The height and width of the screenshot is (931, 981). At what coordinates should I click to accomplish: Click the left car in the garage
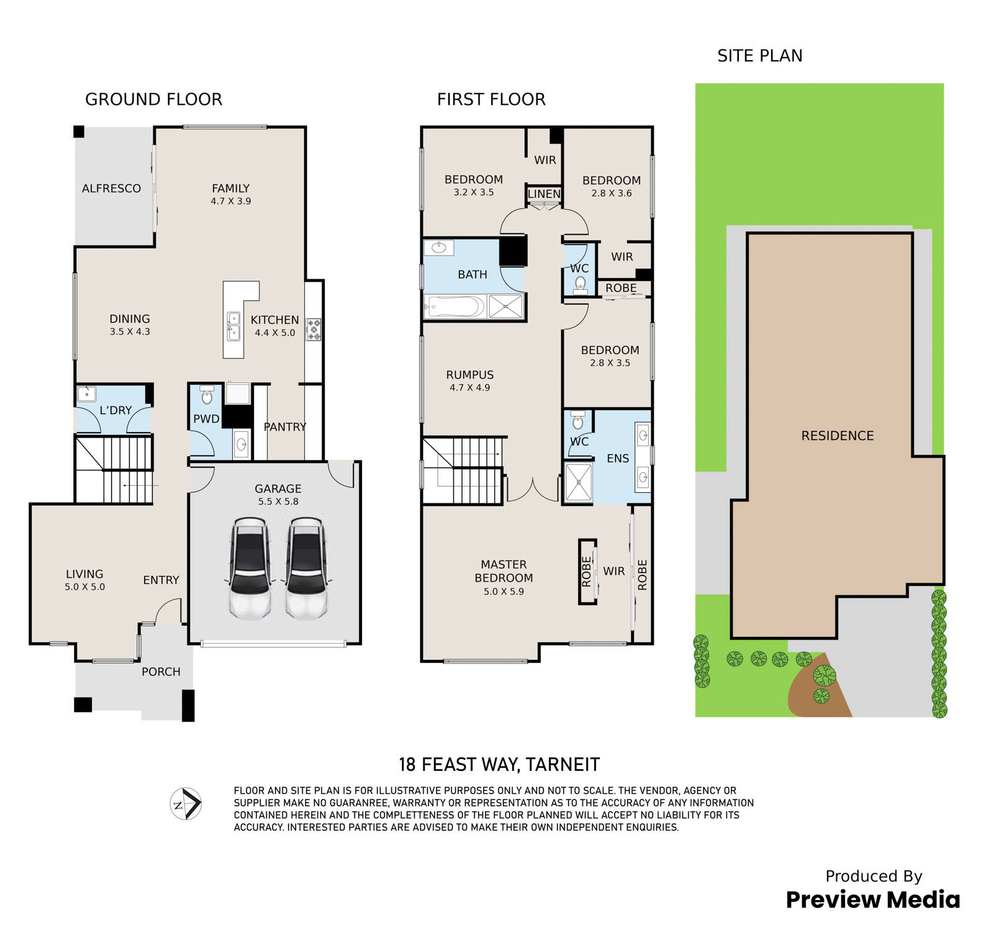[250, 569]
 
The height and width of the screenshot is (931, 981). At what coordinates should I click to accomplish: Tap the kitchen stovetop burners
[314, 330]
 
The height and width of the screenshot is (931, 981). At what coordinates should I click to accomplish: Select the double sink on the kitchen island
[233, 326]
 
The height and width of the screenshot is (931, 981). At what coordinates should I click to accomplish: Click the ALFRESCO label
[111, 188]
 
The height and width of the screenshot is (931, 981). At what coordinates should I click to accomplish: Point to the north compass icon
[186, 804]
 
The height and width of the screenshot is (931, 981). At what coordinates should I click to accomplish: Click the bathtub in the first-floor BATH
[454, 307]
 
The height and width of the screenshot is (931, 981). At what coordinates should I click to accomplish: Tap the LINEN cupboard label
[545, 194]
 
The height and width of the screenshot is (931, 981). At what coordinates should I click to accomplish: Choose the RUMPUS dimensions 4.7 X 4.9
[470, 387]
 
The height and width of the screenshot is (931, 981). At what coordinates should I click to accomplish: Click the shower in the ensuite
[578, 482]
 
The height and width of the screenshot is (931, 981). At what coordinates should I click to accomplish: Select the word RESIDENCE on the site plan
[838, 436]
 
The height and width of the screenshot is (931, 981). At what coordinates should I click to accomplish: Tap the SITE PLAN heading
[760, 56]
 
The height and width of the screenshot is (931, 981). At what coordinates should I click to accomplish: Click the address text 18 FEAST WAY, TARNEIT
[499, 764]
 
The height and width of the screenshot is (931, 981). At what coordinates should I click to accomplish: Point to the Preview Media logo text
[873, 899]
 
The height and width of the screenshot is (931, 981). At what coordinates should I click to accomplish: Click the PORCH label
[161, 672]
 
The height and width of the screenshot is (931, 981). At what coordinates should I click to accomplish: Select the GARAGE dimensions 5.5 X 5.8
[278, 501]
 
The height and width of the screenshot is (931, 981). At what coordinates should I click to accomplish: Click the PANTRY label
[285, 426]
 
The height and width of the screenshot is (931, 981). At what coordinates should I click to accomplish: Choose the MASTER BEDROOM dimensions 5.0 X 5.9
[504, 591]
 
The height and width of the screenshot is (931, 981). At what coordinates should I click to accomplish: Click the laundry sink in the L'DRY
[86, 394]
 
